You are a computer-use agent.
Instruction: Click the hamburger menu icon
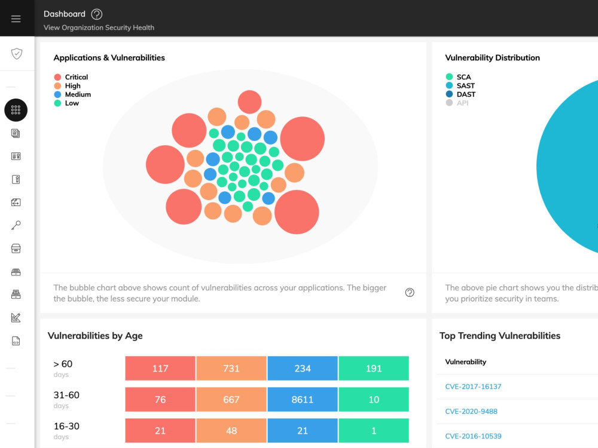16,19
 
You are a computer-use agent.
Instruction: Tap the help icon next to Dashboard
96,14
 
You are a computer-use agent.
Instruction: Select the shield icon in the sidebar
16,54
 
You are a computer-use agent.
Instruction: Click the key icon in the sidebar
16,225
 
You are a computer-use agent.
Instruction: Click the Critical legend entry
71,77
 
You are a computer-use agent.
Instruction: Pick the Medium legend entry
72,94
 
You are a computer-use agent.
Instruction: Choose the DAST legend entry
460,94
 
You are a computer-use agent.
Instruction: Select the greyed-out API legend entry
457,103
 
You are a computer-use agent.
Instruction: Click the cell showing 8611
303,399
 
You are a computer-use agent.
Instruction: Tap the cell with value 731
231,368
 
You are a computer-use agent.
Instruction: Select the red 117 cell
160,368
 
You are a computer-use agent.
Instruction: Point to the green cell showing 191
374,368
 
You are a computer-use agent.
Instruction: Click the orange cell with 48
231,431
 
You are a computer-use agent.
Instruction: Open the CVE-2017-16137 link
473,386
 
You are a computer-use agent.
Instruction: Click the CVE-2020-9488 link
471,411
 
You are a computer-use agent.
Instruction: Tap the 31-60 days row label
66,399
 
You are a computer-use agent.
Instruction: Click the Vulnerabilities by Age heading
95,336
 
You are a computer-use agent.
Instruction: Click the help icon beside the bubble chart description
410,293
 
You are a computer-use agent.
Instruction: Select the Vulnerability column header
466,362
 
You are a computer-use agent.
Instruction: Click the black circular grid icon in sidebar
16,110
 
